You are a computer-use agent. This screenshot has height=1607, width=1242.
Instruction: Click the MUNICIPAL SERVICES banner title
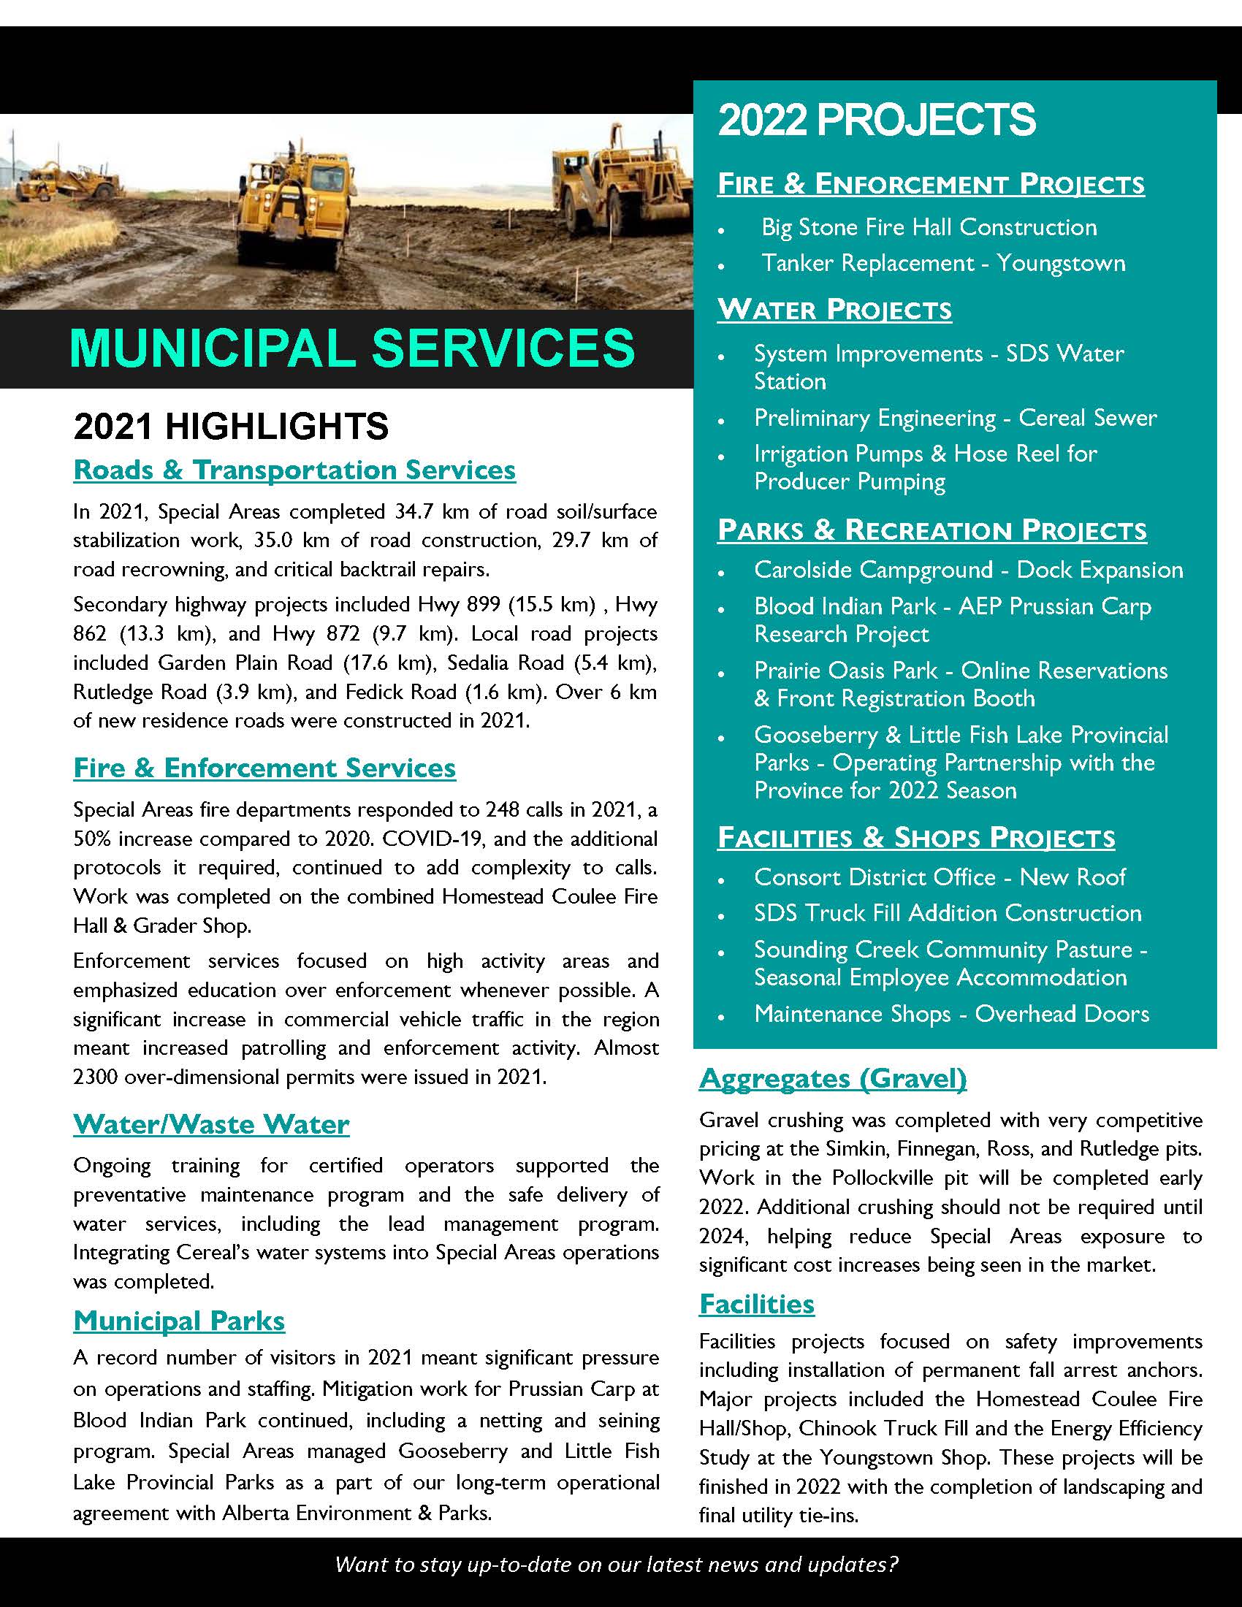click(x=351, y=347)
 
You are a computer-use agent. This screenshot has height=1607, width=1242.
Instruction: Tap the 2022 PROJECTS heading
click(x=876, y=120)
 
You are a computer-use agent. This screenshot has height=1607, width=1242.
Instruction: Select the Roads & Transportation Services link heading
click(x=294, y=470)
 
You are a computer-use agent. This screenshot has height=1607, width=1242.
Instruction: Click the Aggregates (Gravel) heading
click(x=832, y=1078)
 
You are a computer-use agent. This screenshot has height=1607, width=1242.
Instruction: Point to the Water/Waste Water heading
click(x=211, y=1124)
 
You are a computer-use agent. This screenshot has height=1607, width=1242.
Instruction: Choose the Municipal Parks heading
click(x=179, y=1321)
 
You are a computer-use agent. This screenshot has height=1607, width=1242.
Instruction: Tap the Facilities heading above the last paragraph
click(x=756, y=1304)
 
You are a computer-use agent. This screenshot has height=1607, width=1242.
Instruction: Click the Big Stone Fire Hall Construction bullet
click(x=929, y=227)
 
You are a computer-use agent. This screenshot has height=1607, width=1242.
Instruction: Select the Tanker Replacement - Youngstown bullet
click(x=942, y=264)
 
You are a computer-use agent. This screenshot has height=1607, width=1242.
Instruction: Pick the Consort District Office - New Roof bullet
click(x=940, y=877)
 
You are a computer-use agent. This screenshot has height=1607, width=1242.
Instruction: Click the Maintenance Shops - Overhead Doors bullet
click(x=951, y=1014)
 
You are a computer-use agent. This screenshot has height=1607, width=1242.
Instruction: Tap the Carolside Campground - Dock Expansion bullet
click(x=968, y=570)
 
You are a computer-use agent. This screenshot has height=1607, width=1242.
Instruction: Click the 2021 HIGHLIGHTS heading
click(x=231, y=427)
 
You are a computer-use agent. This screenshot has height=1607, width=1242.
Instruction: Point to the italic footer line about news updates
click(x=617, y=1565)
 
